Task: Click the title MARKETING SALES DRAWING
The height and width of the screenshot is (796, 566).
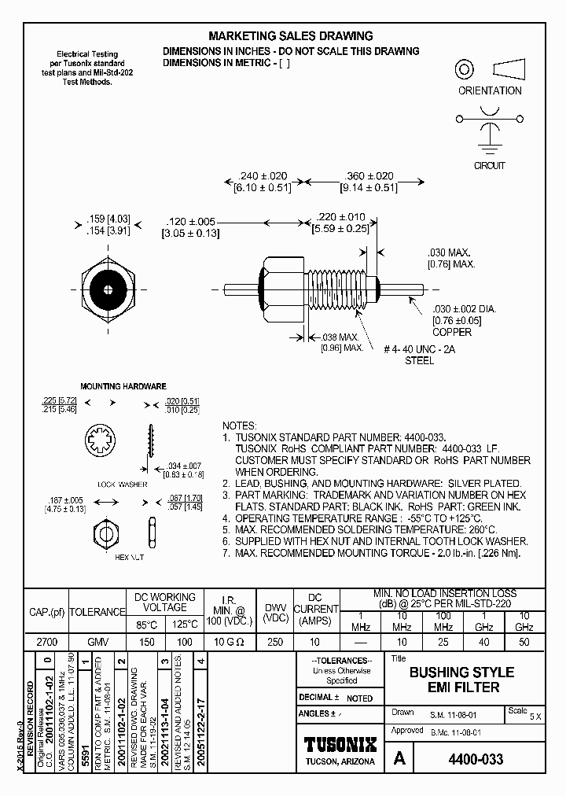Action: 290,36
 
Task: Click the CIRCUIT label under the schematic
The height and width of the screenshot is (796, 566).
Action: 489,166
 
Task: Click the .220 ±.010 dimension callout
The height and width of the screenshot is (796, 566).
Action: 340,217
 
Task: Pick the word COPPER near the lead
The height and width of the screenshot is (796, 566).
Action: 451,333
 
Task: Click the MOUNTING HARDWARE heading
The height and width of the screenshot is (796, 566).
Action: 123,387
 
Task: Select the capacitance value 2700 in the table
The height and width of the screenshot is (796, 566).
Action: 46,642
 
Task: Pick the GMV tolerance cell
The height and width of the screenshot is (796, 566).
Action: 97,642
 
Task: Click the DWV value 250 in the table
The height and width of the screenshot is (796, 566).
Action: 274,642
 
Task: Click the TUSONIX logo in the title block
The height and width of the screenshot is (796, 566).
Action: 340,745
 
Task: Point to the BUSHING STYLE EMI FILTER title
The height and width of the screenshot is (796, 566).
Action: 461,680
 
